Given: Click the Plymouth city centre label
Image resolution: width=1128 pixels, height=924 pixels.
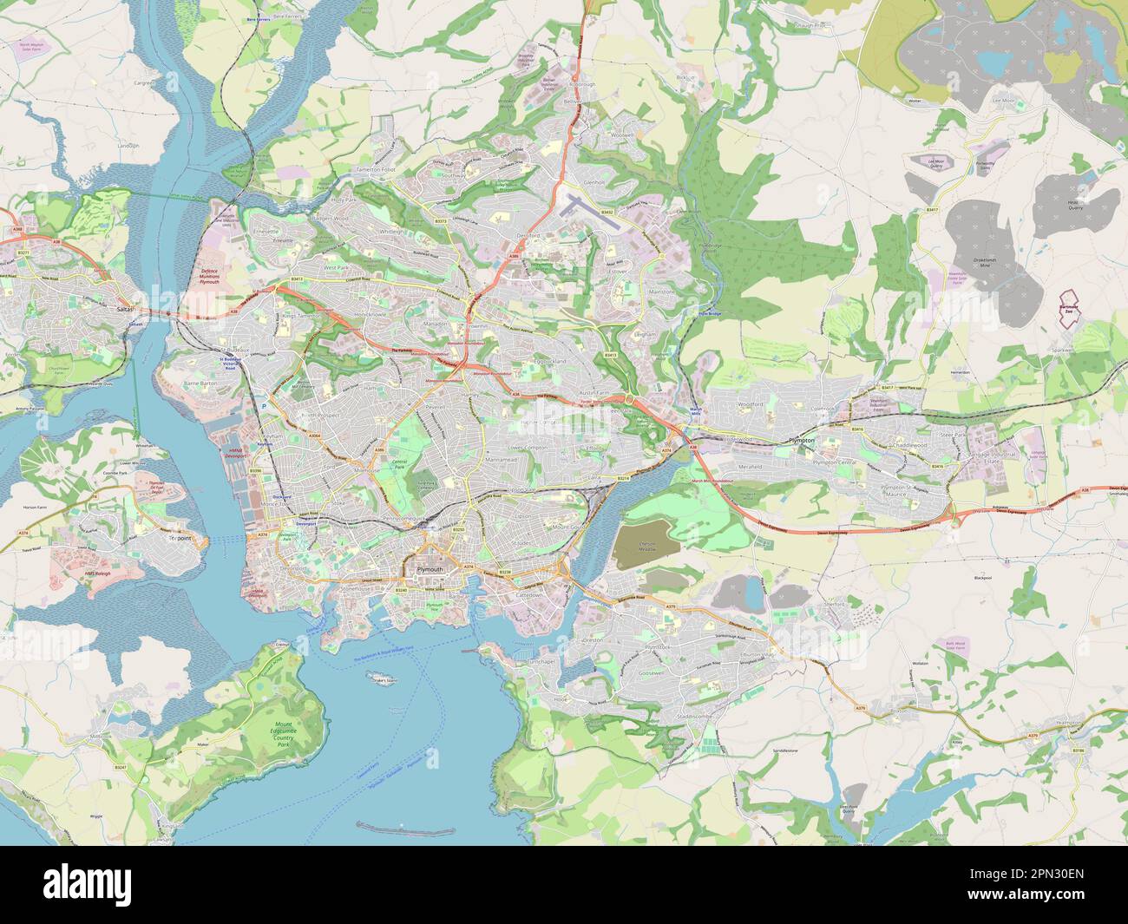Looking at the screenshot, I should point(430,569).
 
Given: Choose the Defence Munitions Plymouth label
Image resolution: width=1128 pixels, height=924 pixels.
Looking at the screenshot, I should point(209,277).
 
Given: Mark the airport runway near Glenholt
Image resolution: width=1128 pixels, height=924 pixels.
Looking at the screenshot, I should point(590,211).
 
